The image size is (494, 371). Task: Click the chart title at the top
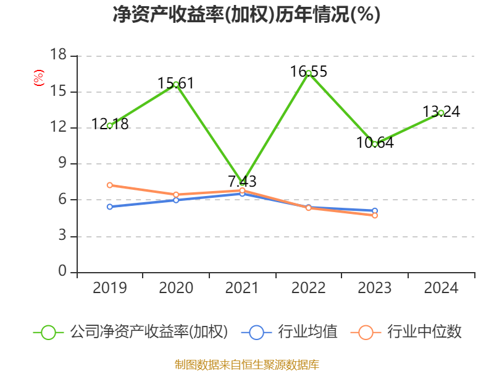point(246,14)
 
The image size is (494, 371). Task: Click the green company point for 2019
point(109,126)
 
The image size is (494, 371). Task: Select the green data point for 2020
point(176,84)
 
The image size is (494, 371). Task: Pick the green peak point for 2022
point(309,73)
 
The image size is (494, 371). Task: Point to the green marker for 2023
point(375,144)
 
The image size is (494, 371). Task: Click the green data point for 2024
point(441,113)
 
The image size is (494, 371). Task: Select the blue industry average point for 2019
point(109,207)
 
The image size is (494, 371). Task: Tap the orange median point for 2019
point(109,185)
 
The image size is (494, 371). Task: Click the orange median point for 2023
point(375,215)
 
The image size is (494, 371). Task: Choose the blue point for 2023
point(375,211)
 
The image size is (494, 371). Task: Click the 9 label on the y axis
point(62,164)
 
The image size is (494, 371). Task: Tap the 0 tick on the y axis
point(62,272)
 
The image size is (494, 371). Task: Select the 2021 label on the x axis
point(242,288)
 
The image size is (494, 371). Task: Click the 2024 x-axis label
point(441,288)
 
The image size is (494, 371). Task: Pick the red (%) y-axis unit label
point(39,79)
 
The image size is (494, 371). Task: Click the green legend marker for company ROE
point(49,332)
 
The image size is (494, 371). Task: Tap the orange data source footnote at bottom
point(246,364)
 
